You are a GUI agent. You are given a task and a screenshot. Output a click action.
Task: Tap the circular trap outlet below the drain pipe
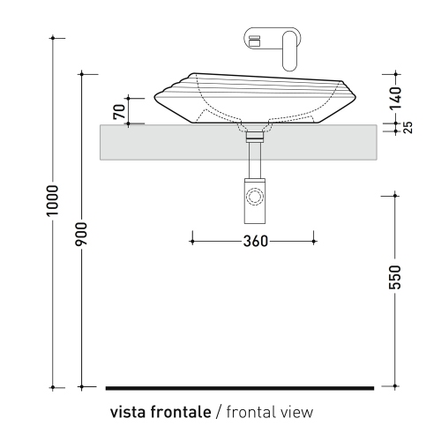pyautogui.click(x=256, y=196)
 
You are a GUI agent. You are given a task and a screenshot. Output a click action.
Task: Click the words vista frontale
pyautogui.click(x=159, y=412)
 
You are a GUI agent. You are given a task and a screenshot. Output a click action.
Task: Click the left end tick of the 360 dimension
pyautogui.click(x=192, y=239)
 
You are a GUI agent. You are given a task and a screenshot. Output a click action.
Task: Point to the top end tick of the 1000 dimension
pyautogui.click(x=54, y=38)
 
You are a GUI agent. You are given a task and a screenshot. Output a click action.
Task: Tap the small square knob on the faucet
pyautogui.click(x=256, y=41)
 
